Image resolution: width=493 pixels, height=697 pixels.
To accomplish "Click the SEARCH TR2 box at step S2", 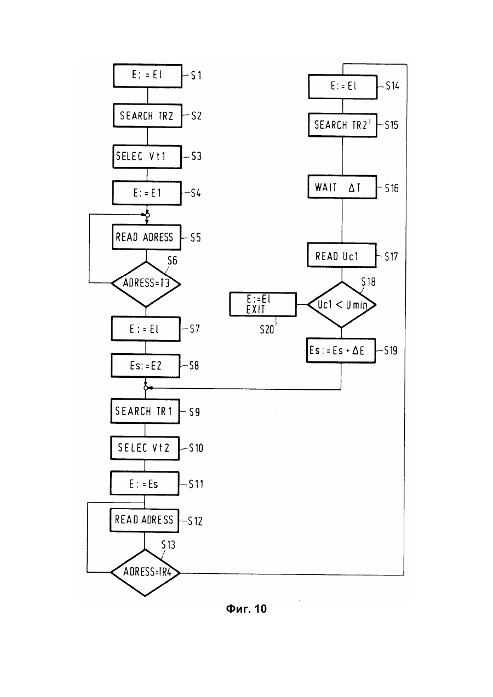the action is [147, 116].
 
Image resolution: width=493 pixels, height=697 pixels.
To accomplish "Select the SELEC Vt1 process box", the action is [147, 157].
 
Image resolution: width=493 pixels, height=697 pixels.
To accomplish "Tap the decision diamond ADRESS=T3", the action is [146, 284].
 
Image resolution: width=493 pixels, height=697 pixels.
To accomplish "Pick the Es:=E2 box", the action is [145, 366].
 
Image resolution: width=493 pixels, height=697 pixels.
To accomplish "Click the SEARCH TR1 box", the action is [145, 411].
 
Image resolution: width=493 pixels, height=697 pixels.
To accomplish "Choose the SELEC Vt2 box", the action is [145, 448].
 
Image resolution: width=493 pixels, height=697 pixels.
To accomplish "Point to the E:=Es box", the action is [145, 483].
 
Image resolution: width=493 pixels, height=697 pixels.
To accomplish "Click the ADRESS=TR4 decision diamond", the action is [145, 573].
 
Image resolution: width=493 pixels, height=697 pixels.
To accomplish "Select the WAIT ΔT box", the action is [342, 187].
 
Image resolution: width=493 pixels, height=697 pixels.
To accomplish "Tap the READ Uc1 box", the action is [342, 256].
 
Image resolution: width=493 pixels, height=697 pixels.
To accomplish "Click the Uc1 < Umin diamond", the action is [342, 304].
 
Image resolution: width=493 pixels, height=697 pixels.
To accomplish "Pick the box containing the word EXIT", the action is [263, 304].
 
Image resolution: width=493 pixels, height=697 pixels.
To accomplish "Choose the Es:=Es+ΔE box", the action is [341, 350].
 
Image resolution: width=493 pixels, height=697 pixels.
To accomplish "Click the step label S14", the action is [392, 86].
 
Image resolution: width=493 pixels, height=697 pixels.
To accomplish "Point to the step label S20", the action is [267, 330].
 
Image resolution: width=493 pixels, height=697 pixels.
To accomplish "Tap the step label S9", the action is [194, 412].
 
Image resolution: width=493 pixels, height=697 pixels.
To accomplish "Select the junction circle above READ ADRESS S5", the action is [147, 215].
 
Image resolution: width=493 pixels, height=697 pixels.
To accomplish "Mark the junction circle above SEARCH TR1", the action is [146, 388].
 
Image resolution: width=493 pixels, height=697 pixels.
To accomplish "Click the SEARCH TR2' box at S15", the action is [343, 125].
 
